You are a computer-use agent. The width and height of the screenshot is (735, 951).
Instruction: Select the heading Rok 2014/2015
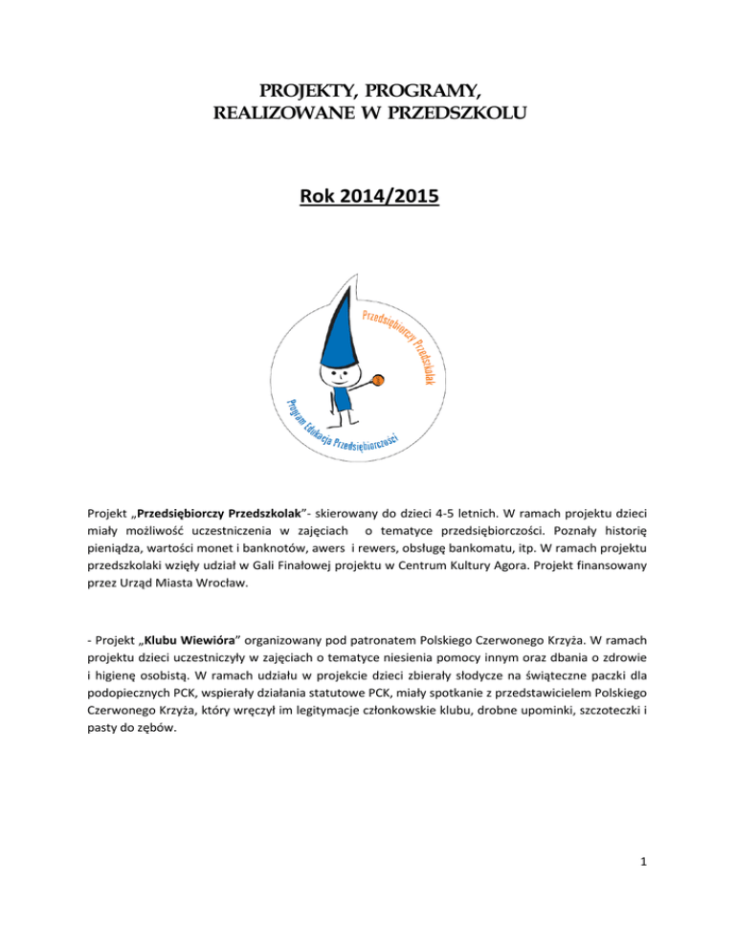click(367, 203)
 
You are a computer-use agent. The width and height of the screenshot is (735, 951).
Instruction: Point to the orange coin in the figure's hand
click(378, 380)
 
